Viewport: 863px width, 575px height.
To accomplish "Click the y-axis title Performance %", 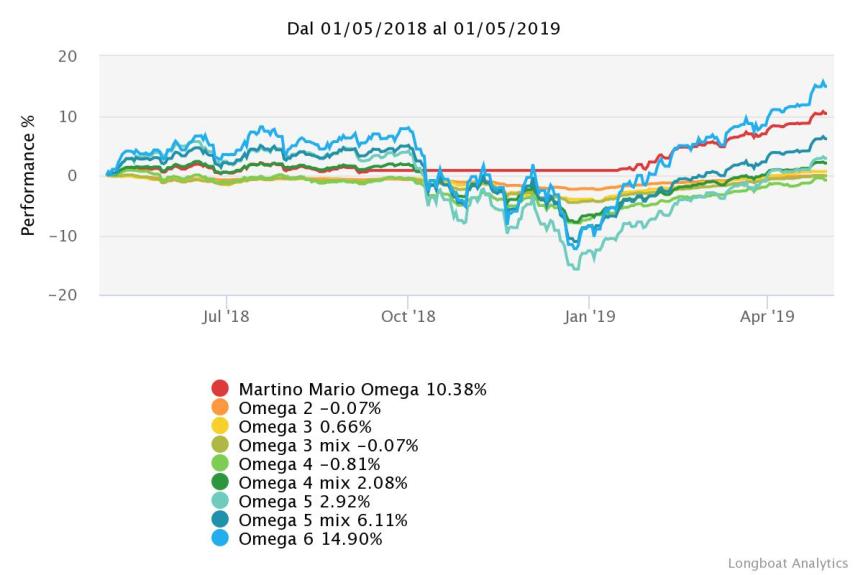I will tap(29, 176).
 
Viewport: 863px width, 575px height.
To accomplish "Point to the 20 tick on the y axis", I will tap(68, 56).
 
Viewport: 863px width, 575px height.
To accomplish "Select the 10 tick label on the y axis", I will tap(68, 116).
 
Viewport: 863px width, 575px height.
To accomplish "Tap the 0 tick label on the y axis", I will tap(73, 176).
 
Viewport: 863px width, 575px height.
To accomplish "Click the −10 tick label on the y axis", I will tap(63, 236).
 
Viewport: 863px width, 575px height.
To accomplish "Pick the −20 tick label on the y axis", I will tap(63, 296).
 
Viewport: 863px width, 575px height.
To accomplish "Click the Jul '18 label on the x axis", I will tap(226, 317).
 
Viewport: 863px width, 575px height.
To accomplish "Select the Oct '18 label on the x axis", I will tap(408, 317).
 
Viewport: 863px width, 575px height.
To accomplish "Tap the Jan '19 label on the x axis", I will tap(589, 317).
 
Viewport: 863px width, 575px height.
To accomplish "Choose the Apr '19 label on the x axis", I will tap(767, 317).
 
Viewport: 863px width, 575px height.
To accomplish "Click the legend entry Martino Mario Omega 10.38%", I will tap(362, 389).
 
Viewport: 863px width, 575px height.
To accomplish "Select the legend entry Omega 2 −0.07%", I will tap(309, 408).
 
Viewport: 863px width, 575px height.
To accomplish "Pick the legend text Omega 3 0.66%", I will tap(305, 426).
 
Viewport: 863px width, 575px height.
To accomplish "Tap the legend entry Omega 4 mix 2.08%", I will tap(323, 483).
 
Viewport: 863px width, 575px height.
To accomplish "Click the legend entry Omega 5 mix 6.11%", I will tap(323, 520).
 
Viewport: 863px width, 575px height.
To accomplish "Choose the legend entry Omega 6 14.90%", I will tap(309, 539).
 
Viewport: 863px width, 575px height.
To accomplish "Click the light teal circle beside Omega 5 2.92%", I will tap(220, 502).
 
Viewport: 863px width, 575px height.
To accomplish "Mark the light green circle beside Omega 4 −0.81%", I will tap(220, 464).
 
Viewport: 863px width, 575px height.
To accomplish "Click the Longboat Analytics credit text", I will tap(788, 563).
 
